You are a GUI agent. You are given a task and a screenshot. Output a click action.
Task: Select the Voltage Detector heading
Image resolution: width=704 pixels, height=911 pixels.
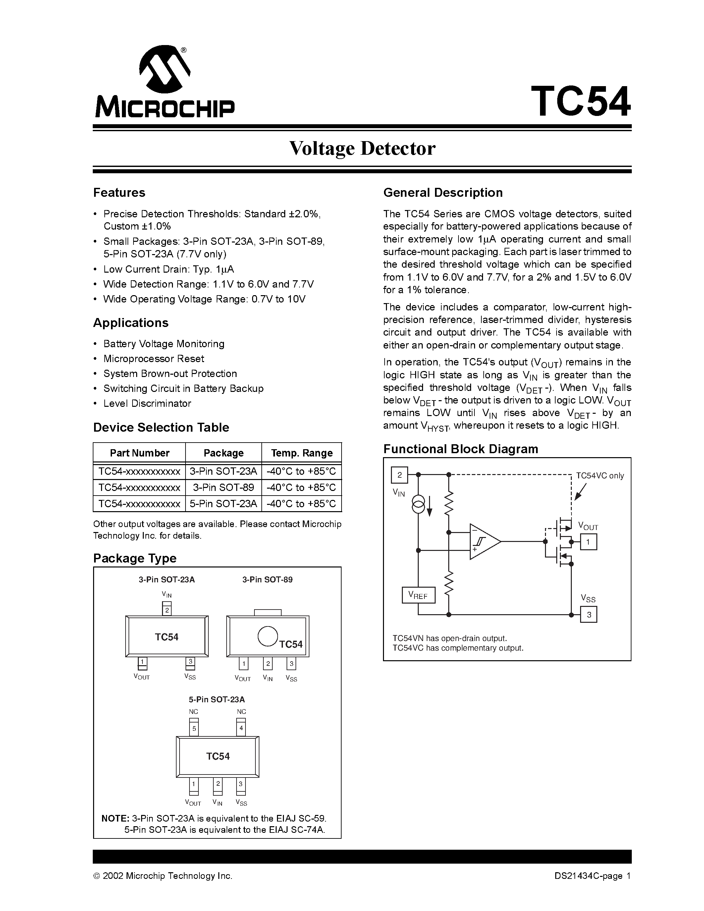coord(362,148)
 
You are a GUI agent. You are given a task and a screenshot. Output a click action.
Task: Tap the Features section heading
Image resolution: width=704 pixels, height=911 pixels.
coord(119,193)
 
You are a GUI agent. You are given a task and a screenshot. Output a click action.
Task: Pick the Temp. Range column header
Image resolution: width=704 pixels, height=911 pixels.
coord(301,453)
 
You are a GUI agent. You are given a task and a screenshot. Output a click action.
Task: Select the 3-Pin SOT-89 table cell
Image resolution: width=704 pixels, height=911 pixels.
coord(223,488)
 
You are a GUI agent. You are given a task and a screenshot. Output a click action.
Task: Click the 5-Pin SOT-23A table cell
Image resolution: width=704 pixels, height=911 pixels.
coord(223,504)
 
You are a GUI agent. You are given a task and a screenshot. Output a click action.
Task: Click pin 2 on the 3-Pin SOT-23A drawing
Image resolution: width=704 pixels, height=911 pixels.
coord(167,610)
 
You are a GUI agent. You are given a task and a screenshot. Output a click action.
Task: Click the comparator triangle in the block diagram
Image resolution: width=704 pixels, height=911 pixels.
coord(484,541)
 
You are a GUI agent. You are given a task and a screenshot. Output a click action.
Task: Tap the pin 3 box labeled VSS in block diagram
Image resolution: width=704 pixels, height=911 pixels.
coord(588,615)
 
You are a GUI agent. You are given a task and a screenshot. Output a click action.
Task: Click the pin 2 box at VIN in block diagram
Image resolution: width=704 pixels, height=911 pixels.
coord(399,475)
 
